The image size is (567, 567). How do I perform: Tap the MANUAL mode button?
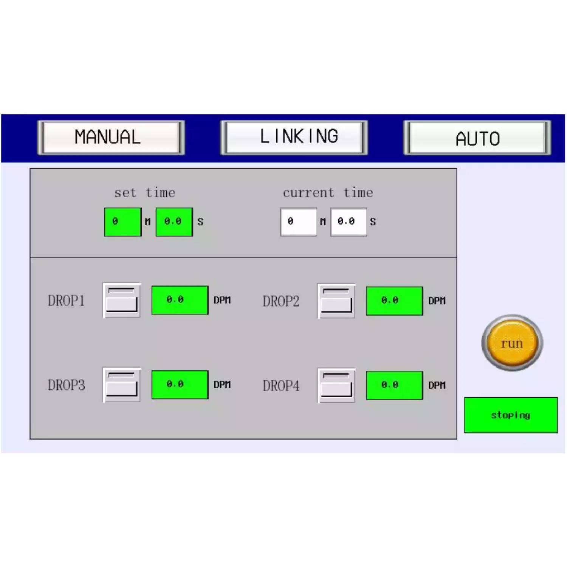click(x=111, y=137)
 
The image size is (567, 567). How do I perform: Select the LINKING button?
click(x=294, y=137)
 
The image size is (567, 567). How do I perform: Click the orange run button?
click(x=512, y=343)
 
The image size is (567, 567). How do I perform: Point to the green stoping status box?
click(x=511, y=415)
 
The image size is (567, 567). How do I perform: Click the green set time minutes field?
click(x=123, y=222)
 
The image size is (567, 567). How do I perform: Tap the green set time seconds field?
click(x=174, y=222)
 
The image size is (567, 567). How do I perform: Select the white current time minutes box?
click(x=299, y=222)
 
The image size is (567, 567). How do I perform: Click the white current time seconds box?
click(x=349, y=222)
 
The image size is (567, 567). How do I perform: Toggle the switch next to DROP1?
click(x=122, y=300)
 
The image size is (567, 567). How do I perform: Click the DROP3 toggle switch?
click(x=122, y=385)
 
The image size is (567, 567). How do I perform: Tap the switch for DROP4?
click(x=336, y=386)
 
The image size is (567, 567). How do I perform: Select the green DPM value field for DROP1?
click(x=180, y=300)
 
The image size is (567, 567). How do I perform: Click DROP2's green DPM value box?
click(x=394, y=301)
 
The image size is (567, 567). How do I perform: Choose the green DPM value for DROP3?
click(x=180, y=385)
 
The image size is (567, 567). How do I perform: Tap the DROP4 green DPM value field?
click(x=394, y=386)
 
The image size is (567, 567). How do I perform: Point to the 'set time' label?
click(x=145, y=193)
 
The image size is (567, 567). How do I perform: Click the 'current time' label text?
click(x=328, y=193)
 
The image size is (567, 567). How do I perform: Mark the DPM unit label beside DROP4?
click(x=437, y=386)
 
